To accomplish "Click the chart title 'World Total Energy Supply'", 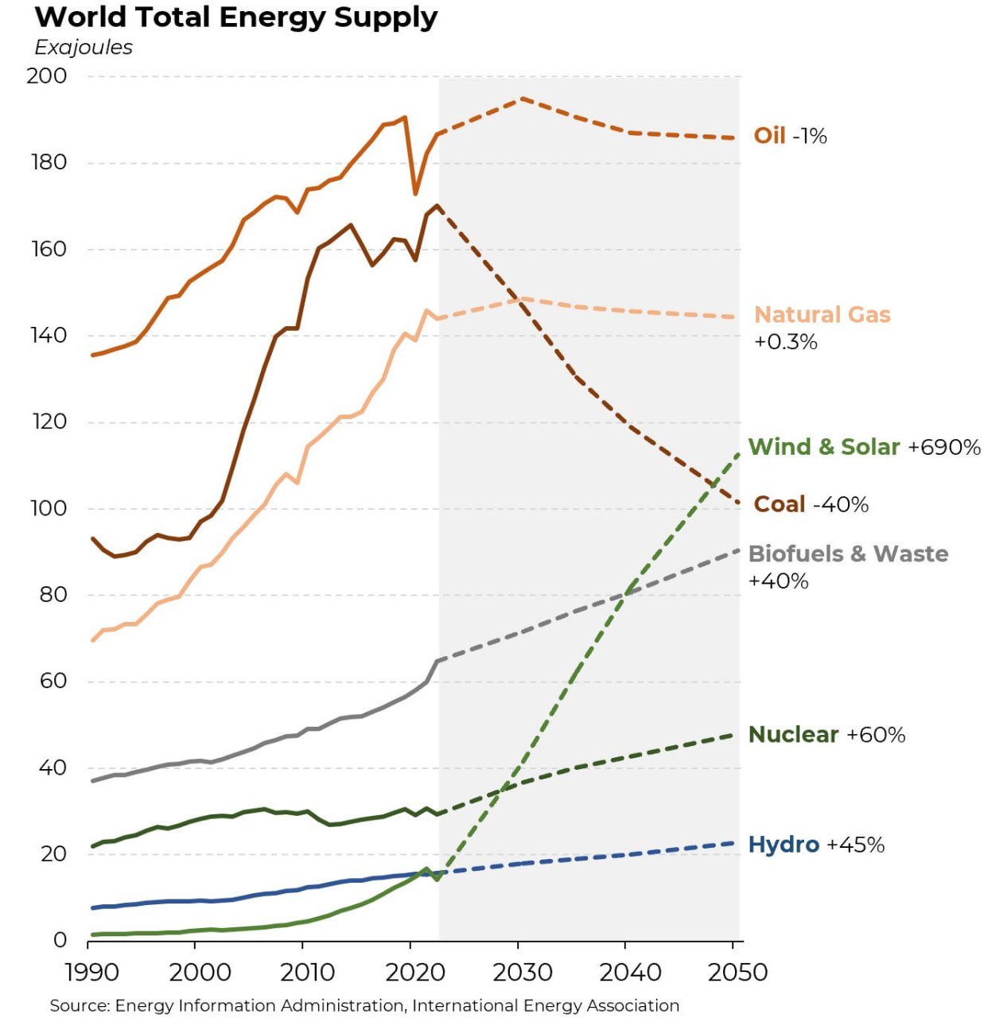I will [x=236, y=17].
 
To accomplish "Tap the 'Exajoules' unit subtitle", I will [x=84, y=48].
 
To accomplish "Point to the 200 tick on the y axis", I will [x=47, y=76].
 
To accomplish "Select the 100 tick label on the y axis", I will [x=49, y=508].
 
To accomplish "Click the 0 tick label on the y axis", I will [x=60, y=940].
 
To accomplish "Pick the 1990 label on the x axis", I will [x=92, y=973].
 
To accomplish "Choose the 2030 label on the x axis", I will [x=522, y=973].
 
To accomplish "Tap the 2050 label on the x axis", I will [x=737, y=973].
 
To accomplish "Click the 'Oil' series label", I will [x=769, y=136].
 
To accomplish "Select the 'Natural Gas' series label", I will [x=822, y=315].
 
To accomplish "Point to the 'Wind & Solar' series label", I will [x=823, y=447].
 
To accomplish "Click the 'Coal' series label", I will [x=779, y=504].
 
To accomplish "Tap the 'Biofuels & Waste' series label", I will [x=848, y=554].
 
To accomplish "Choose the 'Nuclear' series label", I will [x=793, y=734].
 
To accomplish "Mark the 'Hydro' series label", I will [x=784, y=845].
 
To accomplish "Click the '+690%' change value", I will [x=944, y=447].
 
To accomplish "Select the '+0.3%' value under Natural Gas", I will [x=785, y=342].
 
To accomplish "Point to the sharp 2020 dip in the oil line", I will [x=415, y=193].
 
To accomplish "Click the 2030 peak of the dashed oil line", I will [x=523, y=99].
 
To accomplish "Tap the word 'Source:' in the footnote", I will [x=80, y=1005].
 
